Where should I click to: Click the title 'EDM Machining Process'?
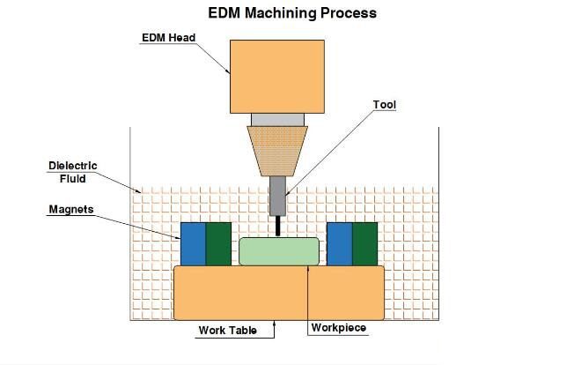click(x=291, y=13)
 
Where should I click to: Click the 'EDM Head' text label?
click(x=169, y=37)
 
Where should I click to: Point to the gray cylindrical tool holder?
click(x=277, y=196)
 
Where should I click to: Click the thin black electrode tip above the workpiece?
click(x=278, y=227)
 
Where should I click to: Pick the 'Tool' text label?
click(x=385, y=105)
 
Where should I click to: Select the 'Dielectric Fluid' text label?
click(x=72, y=172)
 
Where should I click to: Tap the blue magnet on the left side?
click(x=193, y=244)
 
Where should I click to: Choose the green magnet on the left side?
click(x=218, y=244)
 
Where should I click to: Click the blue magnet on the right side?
click(x=339, y=244)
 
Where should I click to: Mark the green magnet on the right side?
click(x=364, y=244)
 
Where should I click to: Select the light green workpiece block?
click(x=279, y=251)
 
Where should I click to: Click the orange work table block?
click(x=278, y=293)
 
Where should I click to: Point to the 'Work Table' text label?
click(x=227, y=331)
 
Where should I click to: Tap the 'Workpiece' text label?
click(x=339, y=328)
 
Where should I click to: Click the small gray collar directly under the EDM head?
click(x=277, y=119)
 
